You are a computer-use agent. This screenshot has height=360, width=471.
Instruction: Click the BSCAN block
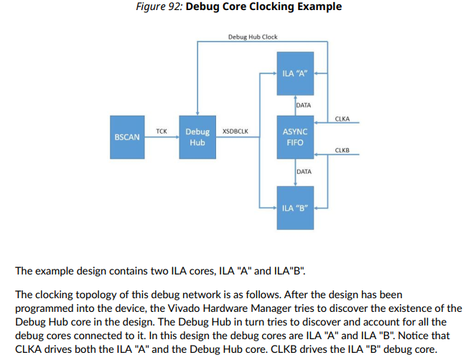[x=127, y=137]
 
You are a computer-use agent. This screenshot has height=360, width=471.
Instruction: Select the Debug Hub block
[x=197, y=137]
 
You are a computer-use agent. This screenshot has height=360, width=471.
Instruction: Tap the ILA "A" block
[x=296, y=73]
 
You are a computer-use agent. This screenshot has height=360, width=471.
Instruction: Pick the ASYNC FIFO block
[x=296, y=137]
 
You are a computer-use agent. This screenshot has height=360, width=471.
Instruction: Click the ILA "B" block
[x=296, y=208]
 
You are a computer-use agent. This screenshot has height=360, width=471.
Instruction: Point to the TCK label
[x=162, y=131]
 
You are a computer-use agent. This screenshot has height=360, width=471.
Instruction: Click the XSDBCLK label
[x=235, y=131]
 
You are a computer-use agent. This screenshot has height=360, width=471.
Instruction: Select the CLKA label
[x=342, y=119]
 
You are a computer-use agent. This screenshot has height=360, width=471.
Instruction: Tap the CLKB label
[x=342, y=149]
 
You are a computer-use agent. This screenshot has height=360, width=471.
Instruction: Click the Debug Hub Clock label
[x=253, y=37]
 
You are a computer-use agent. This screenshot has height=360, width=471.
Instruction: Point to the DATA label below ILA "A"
[x=304, y=105]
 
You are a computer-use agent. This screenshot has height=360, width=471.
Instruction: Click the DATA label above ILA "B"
[x=304, y=172]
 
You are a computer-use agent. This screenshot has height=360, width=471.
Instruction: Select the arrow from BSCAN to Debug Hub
[x=162, y=137]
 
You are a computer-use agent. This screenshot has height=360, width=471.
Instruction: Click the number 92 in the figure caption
[x=174, y=7]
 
